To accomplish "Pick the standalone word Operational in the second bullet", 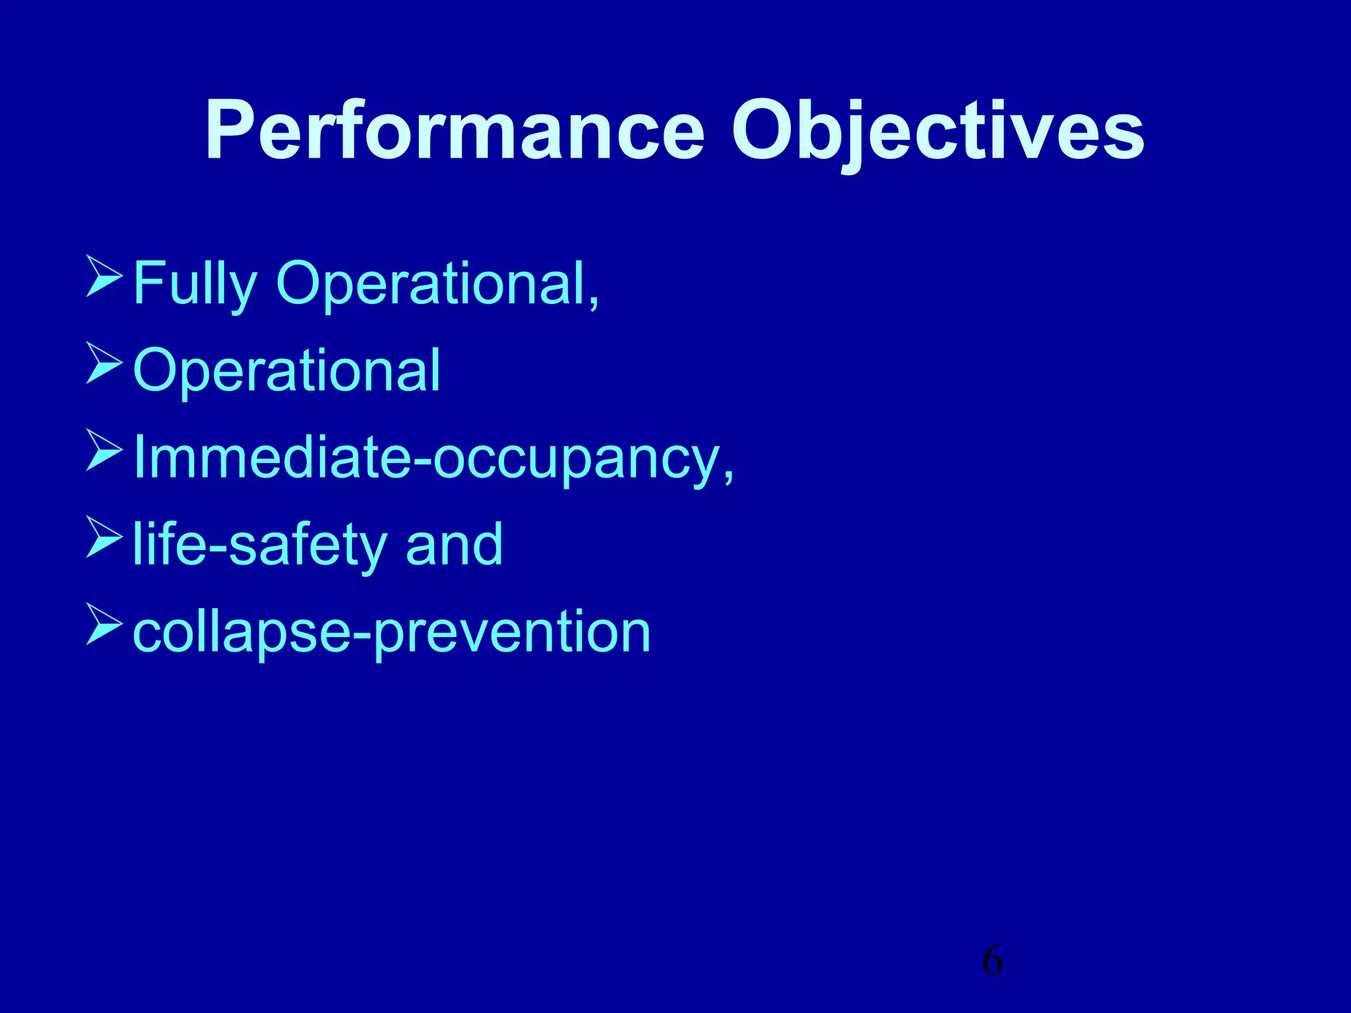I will tap(286, 371).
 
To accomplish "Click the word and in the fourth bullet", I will tap(454, 545).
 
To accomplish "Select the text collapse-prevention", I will tap(392, 632).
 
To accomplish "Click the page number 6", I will tap(992, 960).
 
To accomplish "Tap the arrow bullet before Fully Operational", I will tap(104, 278).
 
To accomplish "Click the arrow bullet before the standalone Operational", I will tap(104, 364).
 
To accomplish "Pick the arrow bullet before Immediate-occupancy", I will tap(104, 451).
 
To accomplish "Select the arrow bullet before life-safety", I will tap(104, 537).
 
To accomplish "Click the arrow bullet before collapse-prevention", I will tap(104, 624).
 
